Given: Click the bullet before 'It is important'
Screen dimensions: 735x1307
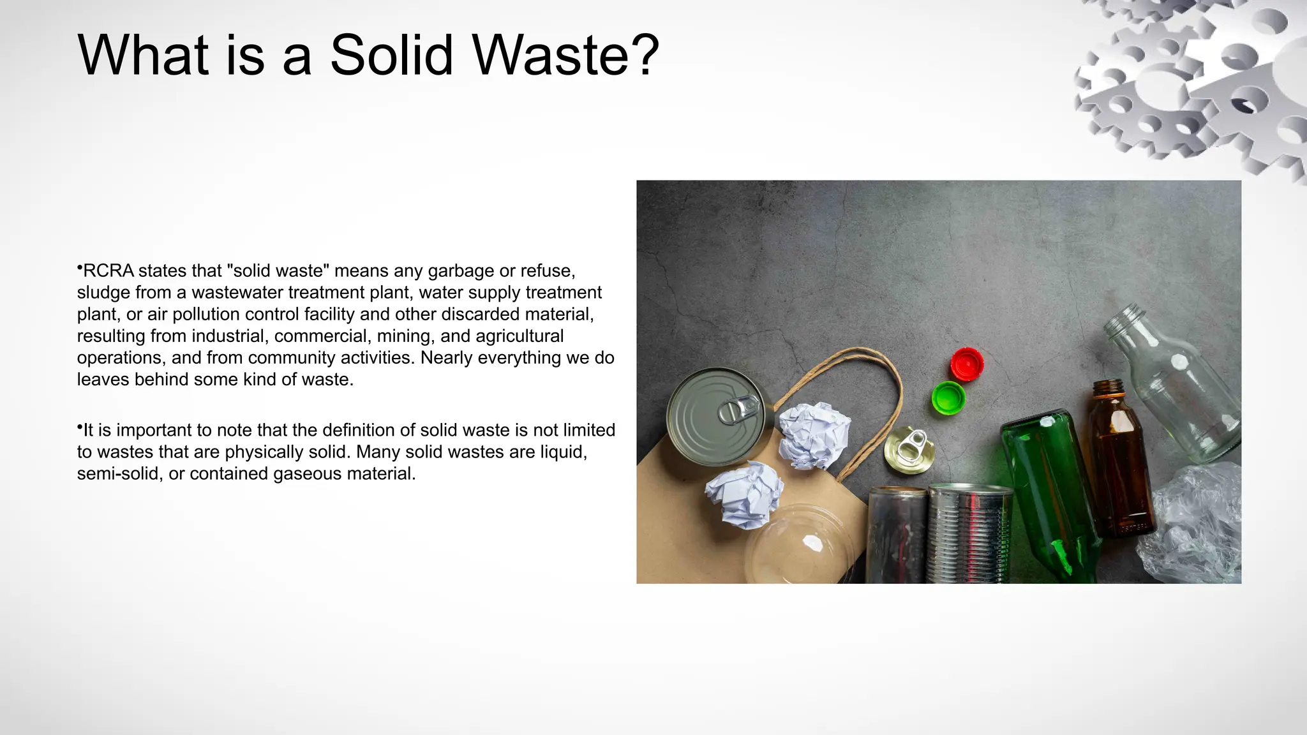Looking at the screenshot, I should click(x=80, y=426).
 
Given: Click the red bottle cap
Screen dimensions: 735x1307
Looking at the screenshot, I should click(x=966, y=364).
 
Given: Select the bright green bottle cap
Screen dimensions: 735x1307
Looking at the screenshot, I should click(x=948, y=398).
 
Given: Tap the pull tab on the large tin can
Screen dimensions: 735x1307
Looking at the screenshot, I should click(x=739, y=408).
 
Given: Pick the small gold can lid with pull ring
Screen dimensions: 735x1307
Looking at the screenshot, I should click(x=909, y=450).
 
